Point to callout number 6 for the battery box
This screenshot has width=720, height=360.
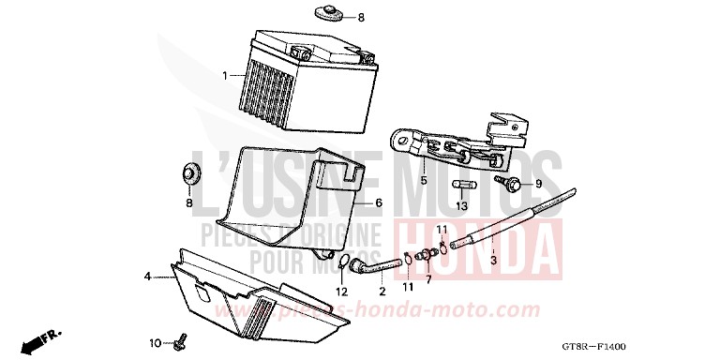[379, 202]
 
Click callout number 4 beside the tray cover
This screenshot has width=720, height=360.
[147, 276]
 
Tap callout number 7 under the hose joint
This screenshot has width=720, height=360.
[428, 279]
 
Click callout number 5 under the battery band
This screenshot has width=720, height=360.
[423, 180]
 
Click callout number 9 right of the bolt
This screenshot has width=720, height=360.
[539, 184]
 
